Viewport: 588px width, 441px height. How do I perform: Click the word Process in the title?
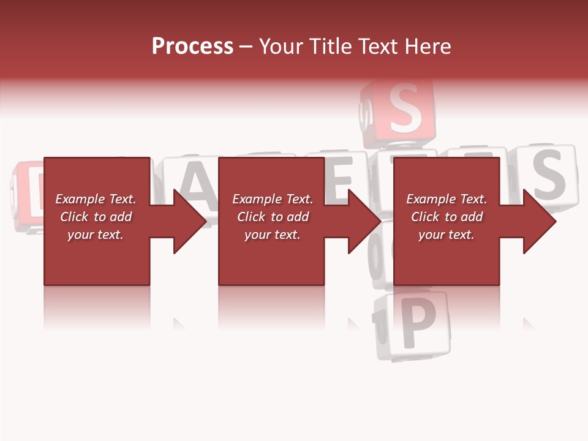click(x=192, y=47)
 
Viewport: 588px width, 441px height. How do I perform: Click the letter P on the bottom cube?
click(x=417, y=324)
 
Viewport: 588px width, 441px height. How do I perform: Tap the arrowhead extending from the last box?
click(x=538, y=221)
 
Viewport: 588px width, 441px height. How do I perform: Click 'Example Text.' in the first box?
click(x=96, y=199)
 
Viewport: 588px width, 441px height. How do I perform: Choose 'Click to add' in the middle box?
click(x=273, y=217)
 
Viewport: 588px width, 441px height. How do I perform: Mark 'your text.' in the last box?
click(x=446, y=235)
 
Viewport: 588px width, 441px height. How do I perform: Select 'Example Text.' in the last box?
click(x=446, y=199)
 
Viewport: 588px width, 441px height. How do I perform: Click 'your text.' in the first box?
click(x=96, y=235)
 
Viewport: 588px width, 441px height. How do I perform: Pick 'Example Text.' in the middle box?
click(x=273, y=199)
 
